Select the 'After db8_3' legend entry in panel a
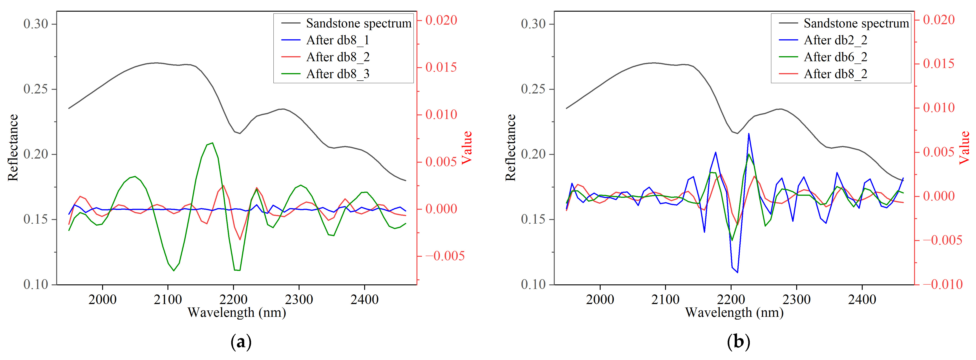[337, 74]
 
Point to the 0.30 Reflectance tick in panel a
[36, 24]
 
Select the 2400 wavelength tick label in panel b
[862, 299]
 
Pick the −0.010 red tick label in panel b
[942, 284]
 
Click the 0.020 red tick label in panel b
[939, 20]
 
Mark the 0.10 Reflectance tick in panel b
[533, 284]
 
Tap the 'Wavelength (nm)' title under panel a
[237, 313]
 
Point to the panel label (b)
[738, 342]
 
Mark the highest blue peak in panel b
[749, 133]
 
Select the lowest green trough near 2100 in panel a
[174, 270]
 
